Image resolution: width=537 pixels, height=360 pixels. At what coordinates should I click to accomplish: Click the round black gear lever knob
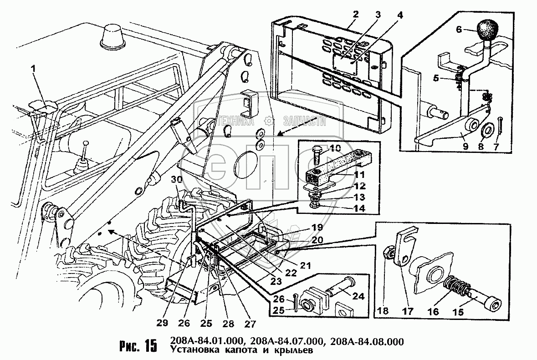(488, 30)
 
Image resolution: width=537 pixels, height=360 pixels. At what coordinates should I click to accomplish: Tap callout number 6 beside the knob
(459, 30)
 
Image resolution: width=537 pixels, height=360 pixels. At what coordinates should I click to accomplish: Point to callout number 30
(177, 180)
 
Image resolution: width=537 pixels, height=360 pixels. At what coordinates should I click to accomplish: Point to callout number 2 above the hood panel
(355, 15)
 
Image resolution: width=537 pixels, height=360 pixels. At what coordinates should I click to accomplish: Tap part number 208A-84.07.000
(286, 341)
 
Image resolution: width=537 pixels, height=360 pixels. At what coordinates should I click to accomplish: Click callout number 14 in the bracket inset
(359, 208)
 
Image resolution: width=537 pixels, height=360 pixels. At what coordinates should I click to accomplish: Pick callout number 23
(276, 281)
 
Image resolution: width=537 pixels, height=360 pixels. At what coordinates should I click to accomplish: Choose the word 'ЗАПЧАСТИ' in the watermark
(305, 121)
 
